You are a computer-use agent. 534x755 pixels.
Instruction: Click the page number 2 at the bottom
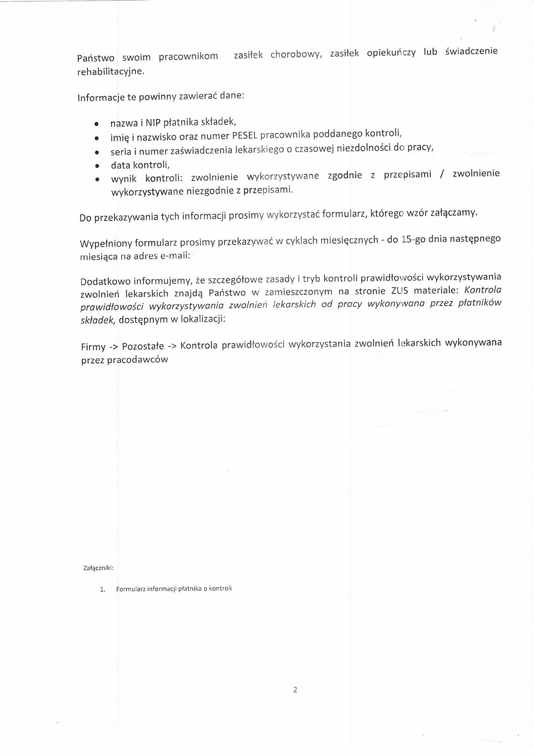pos(295,689)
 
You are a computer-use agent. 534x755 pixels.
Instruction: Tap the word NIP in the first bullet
pos(152,123)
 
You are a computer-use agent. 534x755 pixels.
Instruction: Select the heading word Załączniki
pos(98,568)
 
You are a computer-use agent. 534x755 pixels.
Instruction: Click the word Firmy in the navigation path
pos(93,347)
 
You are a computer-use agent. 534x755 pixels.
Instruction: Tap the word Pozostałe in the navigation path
pos(143,346)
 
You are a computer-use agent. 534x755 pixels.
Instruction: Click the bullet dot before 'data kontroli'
pos(97,166)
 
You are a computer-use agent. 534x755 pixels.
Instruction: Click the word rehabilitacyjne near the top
pos(110,72)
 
